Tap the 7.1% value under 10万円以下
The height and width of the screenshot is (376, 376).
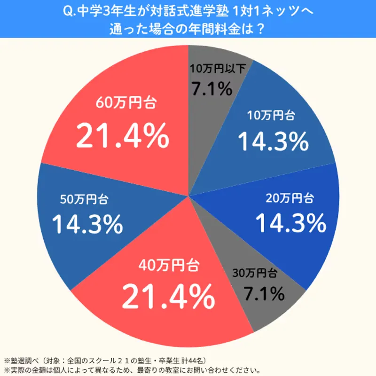211,88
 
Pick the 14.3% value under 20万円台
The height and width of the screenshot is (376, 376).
290,223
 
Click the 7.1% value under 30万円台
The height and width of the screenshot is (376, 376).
264,294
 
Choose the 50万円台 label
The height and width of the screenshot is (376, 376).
85,199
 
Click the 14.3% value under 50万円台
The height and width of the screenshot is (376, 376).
87,224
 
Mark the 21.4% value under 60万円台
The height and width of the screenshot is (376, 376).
122,136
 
